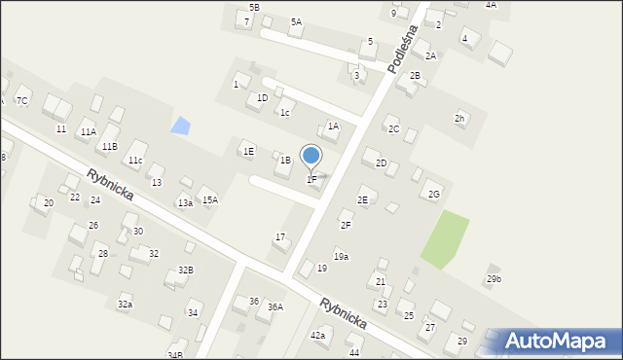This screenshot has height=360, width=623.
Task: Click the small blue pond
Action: pos(180,126)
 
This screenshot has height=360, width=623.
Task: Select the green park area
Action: pos(445,239)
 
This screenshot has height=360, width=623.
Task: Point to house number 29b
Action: pos(494,279)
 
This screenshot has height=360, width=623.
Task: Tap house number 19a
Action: pos(341,257)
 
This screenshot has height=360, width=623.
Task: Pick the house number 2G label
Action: pos(434,195)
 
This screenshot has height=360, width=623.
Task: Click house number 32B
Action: pos(185,270)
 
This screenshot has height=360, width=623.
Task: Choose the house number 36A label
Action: pos(275,307)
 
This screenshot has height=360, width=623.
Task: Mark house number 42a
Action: pos(317,336)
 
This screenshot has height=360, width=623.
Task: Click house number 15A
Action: pos(209,199)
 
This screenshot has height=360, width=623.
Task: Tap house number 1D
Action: pos(262,98)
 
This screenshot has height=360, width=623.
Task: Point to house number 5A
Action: pos(296,21)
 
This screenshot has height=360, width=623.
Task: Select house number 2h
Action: pos(458,119)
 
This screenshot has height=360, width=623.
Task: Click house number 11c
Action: pos(135,161)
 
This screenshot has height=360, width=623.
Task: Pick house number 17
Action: pos(280,237)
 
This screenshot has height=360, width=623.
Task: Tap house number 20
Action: pos(48,203)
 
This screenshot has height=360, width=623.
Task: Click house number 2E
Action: pos(362,199)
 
